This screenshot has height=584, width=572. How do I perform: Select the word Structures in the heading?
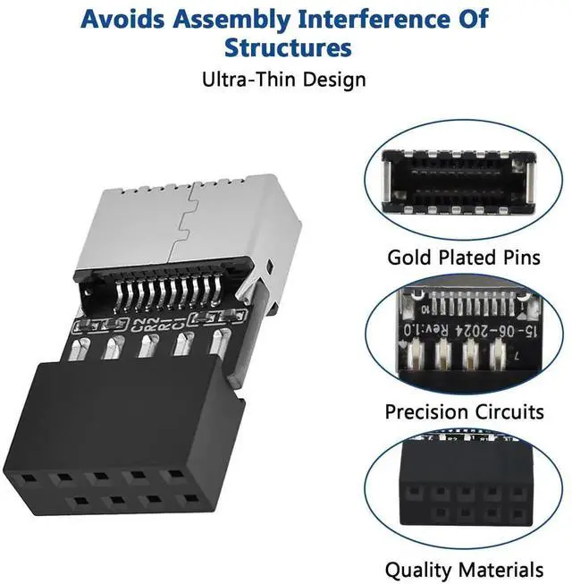click(x=288, y=47)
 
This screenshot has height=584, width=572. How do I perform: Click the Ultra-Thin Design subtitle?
click(x=283, y=79)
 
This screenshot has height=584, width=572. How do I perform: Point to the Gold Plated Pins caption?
click(x=463, y=258)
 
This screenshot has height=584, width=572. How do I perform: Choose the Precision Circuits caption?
click(x=464, y=412)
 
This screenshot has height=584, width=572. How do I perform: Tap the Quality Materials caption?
click(x=464, y=569)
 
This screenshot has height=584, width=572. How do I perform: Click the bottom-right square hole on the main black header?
click(x=189, y=497)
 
